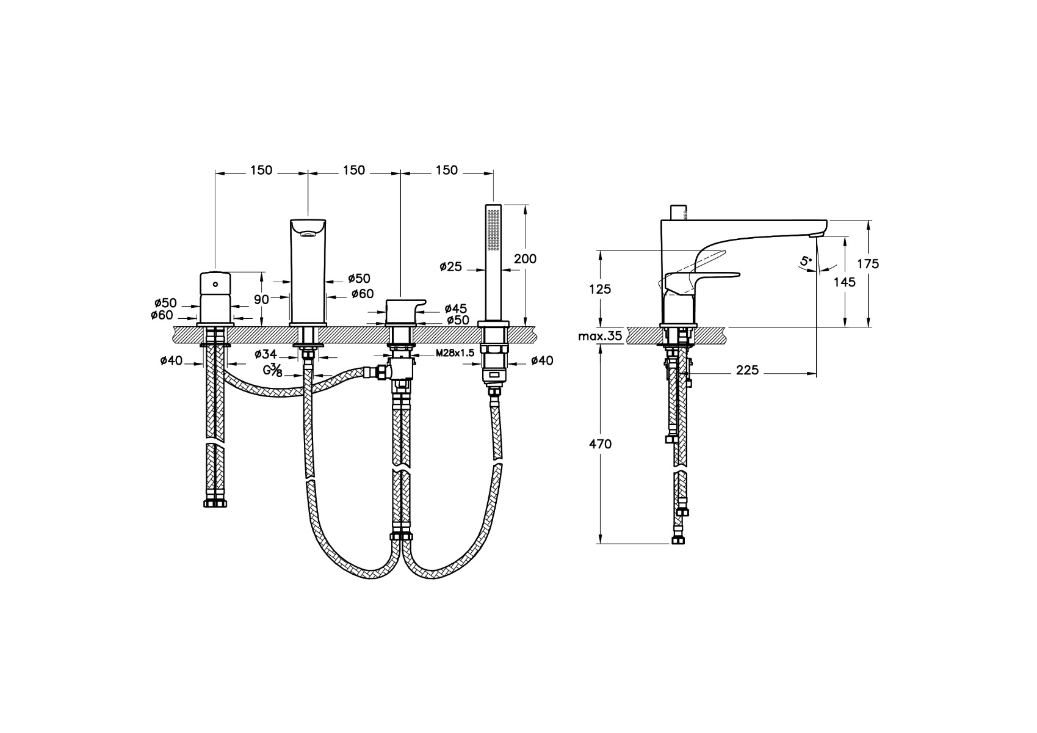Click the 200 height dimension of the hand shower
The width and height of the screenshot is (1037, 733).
tap(525, 258)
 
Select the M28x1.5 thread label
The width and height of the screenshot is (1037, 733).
tap(455, 353)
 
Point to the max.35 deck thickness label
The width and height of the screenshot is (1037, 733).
tap(600, 336)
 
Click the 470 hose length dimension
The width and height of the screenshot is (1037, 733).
tap(600, 444)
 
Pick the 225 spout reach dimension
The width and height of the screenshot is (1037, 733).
tap(748, 370)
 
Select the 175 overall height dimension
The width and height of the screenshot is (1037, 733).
tap(867, 264)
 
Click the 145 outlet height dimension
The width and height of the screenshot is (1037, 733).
tap(844, 282)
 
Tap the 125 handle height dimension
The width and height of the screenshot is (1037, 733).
tap(600, 289)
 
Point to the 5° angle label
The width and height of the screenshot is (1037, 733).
tap(806, 260)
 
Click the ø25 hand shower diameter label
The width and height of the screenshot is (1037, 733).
tap(451, 266)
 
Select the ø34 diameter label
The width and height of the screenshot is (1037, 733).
tap(266, 354)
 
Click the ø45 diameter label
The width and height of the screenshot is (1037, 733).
tap(456, 308)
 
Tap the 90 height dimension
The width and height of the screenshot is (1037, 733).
tap(262, 299)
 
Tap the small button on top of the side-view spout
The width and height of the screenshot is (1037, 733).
tap(678, 213)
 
